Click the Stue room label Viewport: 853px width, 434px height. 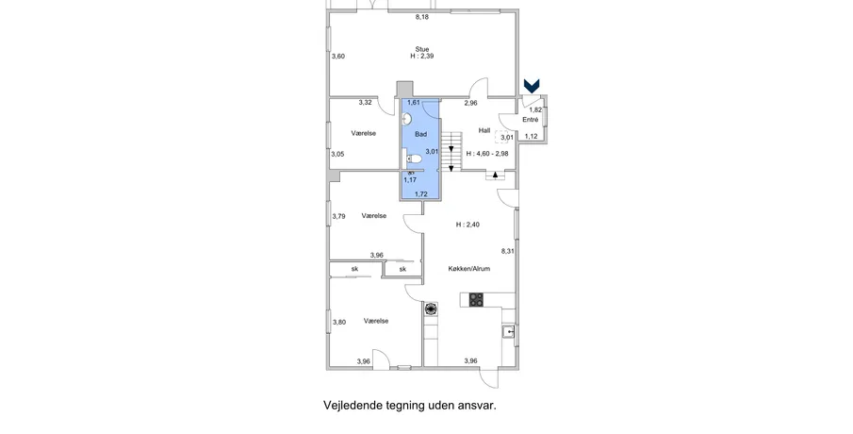422,49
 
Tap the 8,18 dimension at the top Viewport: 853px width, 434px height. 422,17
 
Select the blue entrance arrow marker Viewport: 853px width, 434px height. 532,85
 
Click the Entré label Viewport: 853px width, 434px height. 531,120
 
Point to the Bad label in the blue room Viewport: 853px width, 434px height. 421,134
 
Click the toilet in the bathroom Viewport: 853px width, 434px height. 414,159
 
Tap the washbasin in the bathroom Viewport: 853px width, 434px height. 407,119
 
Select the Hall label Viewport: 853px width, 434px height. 484,130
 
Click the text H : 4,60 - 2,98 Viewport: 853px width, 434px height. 487,154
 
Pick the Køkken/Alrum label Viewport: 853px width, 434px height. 469,269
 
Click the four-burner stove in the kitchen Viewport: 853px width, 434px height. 476,299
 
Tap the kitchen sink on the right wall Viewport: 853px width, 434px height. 508,331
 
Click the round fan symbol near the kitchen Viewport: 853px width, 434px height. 431,309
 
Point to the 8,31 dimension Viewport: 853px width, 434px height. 507,251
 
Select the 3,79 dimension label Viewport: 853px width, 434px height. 339,216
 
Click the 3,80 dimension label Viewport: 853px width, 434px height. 339,322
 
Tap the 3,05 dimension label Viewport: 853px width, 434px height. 337,154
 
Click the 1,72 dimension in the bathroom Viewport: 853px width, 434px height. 421,193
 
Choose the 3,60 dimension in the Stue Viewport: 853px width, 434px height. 338,56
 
